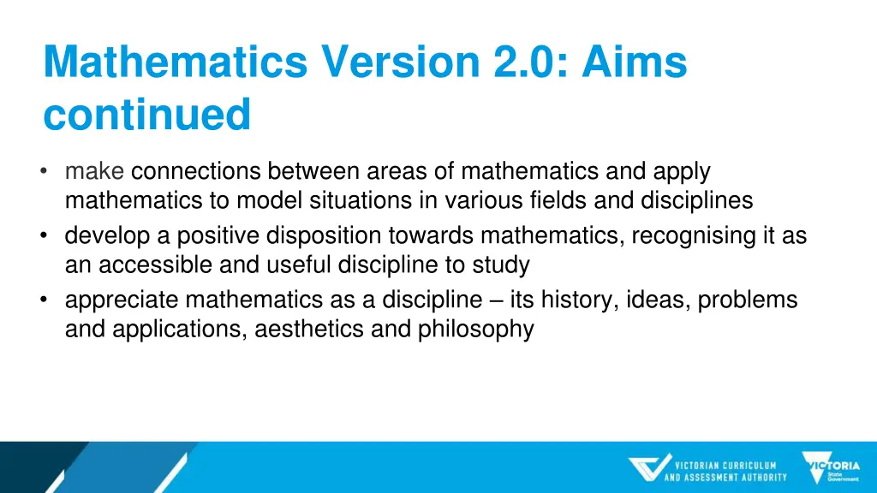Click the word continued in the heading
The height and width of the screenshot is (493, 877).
(146, 115)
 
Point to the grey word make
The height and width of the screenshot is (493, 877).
(95, 171)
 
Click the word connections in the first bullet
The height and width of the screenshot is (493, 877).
(195, 171)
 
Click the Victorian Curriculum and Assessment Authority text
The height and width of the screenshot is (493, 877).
(725, 472)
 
